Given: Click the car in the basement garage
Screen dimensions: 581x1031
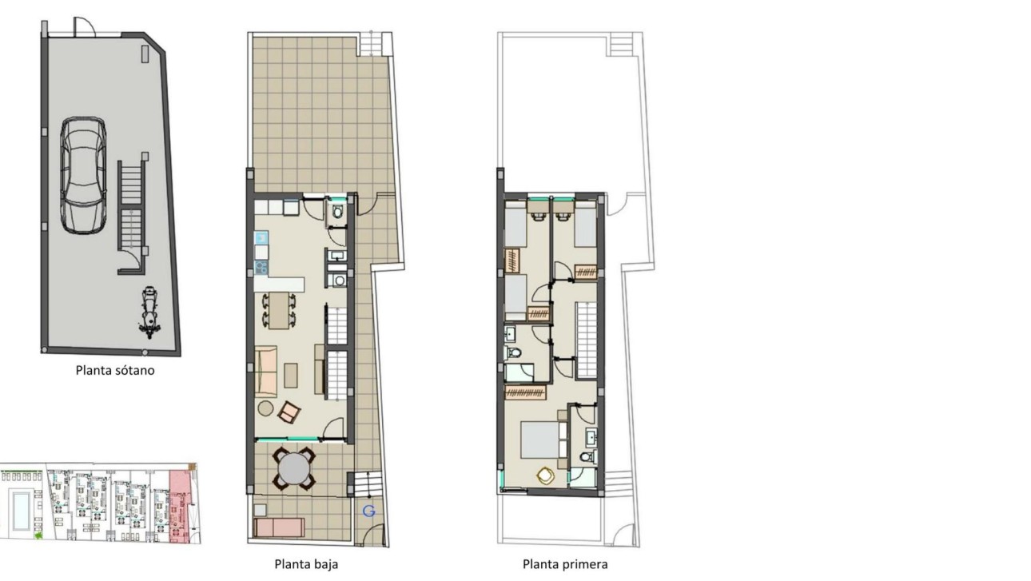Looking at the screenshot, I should point(83,175).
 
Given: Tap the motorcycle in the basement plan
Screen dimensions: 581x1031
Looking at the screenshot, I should point(148,312).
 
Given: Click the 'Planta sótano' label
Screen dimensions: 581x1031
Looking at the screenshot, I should point(115,370).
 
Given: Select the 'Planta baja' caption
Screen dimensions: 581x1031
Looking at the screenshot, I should point(306,564).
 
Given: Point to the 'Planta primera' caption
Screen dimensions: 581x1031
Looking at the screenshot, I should point(565,564).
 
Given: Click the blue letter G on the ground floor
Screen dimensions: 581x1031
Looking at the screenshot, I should point(368,511).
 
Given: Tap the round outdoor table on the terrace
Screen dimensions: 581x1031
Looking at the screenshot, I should point(294,468).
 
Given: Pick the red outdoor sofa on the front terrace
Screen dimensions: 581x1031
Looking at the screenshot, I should point(279,527).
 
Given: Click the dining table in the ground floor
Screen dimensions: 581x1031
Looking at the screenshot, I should point(279,311).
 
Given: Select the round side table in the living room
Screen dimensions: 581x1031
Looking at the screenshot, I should point(266,408).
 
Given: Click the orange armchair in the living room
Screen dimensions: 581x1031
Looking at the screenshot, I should point(289,412).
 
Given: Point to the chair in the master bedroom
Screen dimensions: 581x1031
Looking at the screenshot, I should point(546,476).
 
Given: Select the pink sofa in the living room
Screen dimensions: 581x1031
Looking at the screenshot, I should point(267,369).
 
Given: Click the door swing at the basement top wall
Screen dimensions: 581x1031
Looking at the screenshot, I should point(84,26).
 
